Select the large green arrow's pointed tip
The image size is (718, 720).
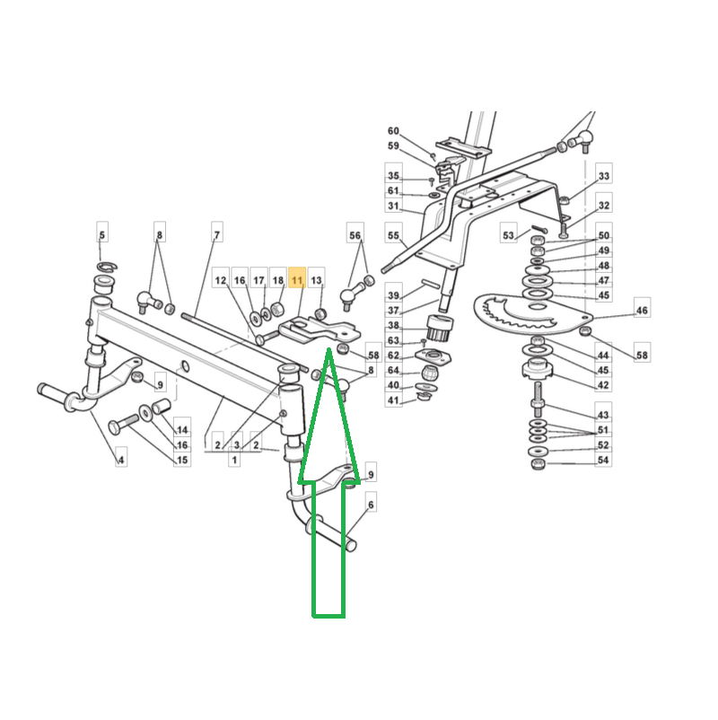point(328,349)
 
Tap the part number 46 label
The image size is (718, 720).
point(642,311)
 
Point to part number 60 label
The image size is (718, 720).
point(393,131)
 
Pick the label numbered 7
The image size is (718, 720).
point(216,234)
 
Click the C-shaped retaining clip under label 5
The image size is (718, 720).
point(108,266)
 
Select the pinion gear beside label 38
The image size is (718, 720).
point(440,328)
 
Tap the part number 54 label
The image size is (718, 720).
point(603,460)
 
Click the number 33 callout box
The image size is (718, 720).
point(604,175)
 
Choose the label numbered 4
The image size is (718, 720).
point(121,459)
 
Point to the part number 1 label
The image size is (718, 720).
point(234,459)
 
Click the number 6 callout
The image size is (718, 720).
point(371,505)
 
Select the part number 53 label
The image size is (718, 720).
point(508,235)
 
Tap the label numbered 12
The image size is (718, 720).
point(221,280)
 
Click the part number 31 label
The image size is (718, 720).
point(393,206)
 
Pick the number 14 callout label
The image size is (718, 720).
point(182,430)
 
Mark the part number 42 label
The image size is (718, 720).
point(603,385)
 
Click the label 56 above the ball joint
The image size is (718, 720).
point(355,235)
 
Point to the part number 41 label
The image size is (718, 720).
point(393,400)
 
